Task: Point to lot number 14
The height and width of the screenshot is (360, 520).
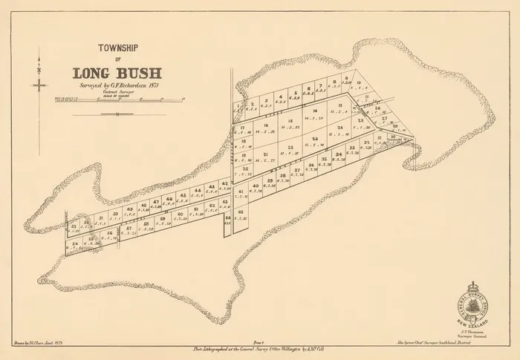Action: pos(315,111)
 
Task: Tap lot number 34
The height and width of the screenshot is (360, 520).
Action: pos(339,155)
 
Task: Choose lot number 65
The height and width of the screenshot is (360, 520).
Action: pos(241,212)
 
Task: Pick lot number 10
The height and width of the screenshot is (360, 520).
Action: pos(357,82)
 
